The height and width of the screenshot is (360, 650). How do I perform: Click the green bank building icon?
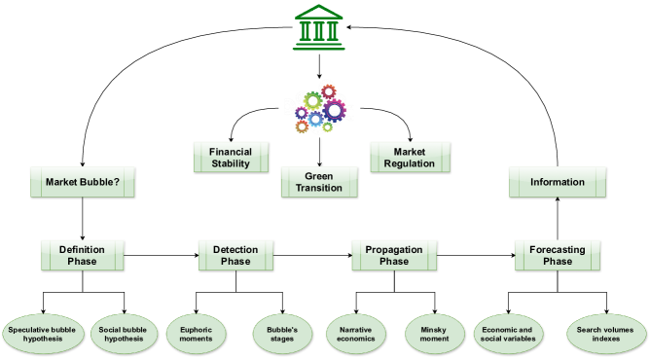[318, 26]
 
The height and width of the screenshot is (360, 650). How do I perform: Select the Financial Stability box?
[230, 157]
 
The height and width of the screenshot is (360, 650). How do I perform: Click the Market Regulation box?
[410, 157]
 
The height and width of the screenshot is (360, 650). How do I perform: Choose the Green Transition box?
[319, 182]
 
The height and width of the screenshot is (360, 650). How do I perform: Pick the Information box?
[557, 182]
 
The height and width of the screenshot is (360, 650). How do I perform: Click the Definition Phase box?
[82, 255]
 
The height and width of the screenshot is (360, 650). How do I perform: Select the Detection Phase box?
[235, 255]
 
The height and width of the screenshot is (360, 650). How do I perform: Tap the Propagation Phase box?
[393, 255]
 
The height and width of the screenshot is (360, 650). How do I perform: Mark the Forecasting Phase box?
[557, 255]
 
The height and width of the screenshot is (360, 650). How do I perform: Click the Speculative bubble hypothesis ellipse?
[42, 335]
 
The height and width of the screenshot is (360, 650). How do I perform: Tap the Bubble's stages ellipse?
[281, 335]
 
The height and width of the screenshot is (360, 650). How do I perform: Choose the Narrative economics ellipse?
[355, 335]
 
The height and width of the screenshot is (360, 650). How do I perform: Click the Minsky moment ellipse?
[434, 335]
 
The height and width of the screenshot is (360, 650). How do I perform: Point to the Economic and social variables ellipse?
[506, 335]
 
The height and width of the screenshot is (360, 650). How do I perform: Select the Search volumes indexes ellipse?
[605, 335]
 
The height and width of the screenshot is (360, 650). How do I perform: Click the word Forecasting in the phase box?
[557, 249]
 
